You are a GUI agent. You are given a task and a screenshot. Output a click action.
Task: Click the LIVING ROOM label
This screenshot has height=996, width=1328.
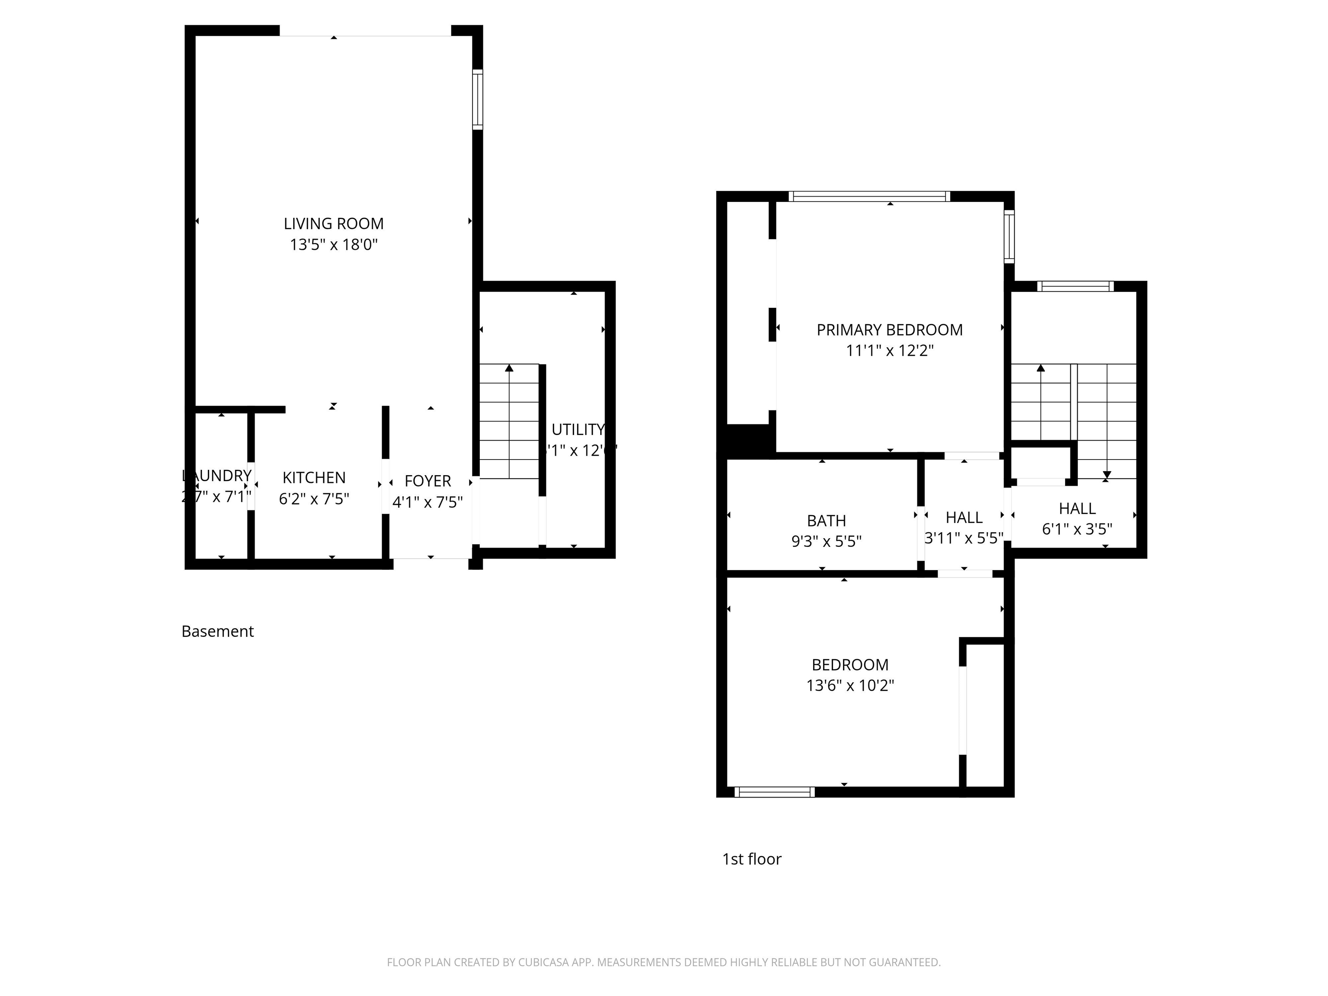[x=333, y=223]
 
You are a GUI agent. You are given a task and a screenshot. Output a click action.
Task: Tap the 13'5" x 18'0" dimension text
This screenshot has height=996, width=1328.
[x=333, y=244]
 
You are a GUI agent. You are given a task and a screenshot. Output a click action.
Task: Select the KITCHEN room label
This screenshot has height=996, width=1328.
[x=314, y=477]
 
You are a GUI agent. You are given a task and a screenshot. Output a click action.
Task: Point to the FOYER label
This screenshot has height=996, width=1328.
[x=428, y=481]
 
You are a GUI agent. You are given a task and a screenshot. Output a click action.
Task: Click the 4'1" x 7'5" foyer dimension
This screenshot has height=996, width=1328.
[x=428, y=502]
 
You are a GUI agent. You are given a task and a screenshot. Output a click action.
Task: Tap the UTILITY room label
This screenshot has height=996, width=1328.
[x=578, y=429]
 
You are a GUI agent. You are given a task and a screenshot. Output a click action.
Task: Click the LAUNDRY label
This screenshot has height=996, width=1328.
[x=217, y=476]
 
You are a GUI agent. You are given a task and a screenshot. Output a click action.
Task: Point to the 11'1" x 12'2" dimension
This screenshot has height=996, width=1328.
[x=889, y=351]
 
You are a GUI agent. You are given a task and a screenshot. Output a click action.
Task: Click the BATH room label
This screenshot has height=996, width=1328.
[x=826, y=520]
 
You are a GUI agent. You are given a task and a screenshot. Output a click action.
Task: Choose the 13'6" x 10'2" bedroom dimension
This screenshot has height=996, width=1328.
[x=849, y=686]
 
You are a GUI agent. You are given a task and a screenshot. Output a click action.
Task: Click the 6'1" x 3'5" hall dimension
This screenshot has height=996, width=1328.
[x=1076, y=529]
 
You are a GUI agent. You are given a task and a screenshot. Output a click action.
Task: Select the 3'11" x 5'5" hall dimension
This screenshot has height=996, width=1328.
[x=963, y=538]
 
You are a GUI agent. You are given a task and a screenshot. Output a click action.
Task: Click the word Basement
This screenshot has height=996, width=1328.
[x=217, y=632]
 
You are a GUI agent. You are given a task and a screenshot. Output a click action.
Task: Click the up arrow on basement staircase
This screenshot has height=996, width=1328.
[x=509, y=368]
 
